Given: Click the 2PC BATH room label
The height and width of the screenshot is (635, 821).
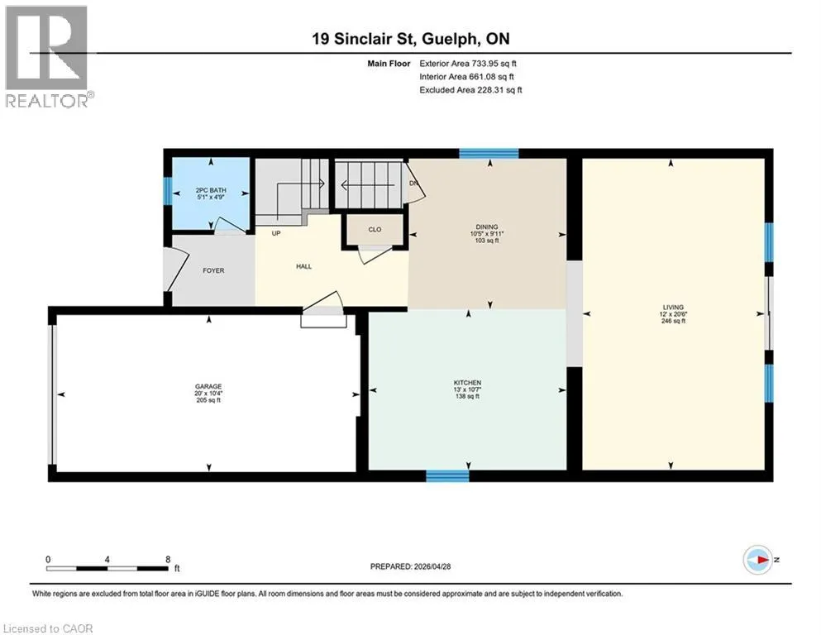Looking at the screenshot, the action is point(211,190).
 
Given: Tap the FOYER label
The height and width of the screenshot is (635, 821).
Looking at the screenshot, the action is point(213,270).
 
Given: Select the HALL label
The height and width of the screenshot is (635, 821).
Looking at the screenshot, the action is point(303,266).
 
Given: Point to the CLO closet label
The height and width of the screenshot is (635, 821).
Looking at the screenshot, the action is point(375,229).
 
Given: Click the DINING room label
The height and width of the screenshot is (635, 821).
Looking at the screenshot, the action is point(487,227).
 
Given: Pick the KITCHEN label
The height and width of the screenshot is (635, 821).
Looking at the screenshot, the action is point(467,383).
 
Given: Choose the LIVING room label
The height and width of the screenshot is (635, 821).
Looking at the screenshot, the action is point(673,308).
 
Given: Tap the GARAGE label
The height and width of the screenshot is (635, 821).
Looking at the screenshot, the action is point(208,387).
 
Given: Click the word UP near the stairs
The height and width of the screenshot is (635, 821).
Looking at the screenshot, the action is point(276,233).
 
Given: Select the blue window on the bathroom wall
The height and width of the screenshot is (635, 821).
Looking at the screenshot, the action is point(168,192).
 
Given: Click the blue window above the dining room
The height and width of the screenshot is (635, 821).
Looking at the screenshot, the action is point(489,154).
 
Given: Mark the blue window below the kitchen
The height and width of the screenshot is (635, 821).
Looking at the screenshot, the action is point(447,476).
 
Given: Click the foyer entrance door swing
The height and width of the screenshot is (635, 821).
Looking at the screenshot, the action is point(176,269).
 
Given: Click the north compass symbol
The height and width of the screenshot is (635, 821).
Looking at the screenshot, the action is point(757,560).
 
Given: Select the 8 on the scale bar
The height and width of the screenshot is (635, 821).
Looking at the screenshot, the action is point(168,559).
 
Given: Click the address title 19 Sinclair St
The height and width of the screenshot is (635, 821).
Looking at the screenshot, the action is point(364,39).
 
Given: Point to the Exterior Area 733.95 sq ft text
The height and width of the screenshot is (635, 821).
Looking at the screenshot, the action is point(468,64).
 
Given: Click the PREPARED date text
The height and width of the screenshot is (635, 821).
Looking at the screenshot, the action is point(410,566).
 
